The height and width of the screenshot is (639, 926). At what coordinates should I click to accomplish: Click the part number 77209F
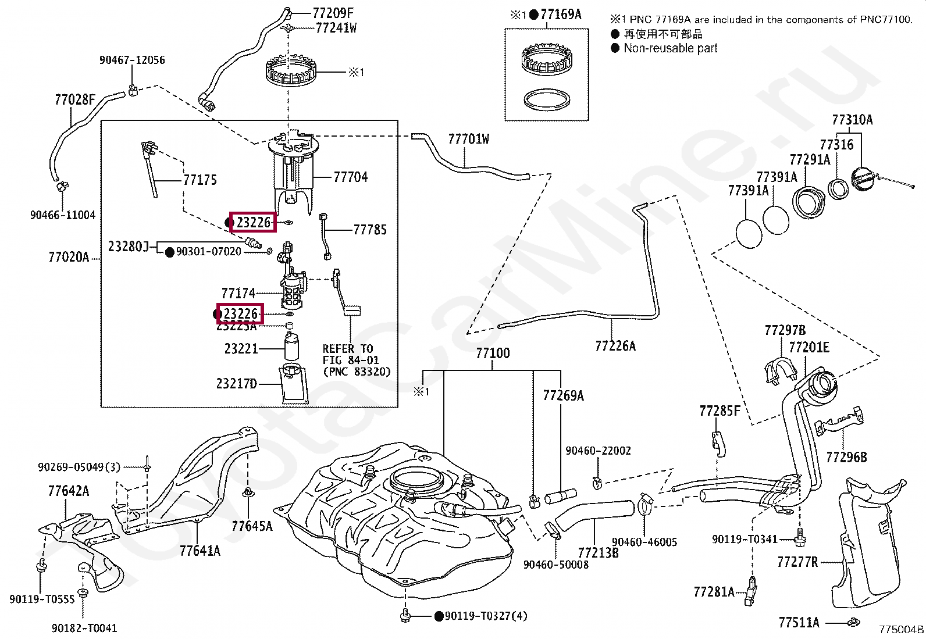coord(333,12)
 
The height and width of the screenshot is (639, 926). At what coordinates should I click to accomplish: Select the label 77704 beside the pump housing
coord(350,177)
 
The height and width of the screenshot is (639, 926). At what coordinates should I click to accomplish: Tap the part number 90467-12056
coord(132,60)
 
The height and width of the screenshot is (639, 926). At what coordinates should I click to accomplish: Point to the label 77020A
coord(69,257)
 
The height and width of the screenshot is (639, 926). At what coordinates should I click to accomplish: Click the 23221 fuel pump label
coord(241,349)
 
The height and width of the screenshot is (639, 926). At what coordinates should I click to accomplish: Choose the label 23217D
coord(236,384)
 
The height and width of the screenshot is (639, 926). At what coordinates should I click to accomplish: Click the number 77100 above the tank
coord(493,353)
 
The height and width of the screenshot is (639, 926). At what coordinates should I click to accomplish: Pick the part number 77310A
coord(852,120)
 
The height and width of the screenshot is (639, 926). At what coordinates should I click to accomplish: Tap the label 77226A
coord(615,346)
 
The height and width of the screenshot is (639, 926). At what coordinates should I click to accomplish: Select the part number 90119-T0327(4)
coord(486,616)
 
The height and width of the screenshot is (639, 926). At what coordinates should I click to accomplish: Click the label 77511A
coord(799,623)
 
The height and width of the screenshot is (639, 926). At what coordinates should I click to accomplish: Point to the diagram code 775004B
coord(901,629)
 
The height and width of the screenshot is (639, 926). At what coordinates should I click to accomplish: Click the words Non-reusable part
coord(670,48)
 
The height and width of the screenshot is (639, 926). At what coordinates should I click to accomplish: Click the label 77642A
coord(69,491)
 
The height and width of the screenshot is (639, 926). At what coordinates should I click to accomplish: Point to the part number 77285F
coord(720,412)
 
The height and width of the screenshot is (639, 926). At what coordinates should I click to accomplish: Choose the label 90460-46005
coord(644,542)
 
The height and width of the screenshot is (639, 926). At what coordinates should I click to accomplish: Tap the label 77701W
coord(468,139)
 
